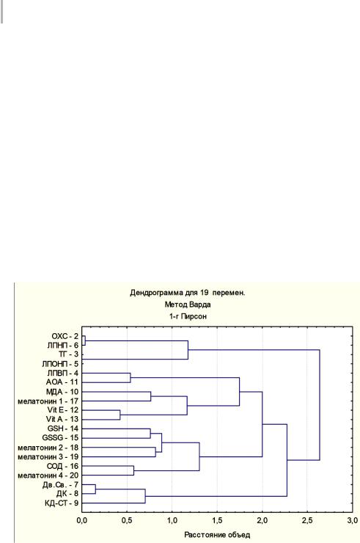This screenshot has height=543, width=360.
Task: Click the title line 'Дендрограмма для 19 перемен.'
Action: [x=187, y=293]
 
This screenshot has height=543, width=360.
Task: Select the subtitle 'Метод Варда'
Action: [x=188, y=305]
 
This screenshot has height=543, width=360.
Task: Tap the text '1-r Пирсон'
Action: [x=188, y=316]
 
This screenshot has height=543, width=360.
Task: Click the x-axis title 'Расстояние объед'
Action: [x=217, y=535]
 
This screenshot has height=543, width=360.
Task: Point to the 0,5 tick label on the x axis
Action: [x=127, y=521]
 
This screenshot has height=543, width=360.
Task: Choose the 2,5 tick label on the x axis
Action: [x=307, y=521]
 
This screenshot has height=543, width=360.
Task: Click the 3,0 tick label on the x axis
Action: [x=353, y=521]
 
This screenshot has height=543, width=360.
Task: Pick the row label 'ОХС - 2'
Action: [x=65, y=336]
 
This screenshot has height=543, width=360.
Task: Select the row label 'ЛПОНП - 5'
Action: [x=60, y=364]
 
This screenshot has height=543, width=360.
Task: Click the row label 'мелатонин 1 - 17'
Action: [x=48, y=401]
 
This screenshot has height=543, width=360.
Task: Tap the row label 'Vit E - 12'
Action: [x=62, y=410]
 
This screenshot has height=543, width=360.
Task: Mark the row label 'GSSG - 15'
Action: [x=60, y=438]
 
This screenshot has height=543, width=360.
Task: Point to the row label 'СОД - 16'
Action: [x=62, y=466]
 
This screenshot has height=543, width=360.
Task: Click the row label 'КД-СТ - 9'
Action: [x=62, y=503]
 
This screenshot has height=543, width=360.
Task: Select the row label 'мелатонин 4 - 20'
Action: [x=48, y=475]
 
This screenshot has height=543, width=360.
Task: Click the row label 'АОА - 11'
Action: [x=62, y=382]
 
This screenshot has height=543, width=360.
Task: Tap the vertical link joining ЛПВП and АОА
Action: [x=131, y=378]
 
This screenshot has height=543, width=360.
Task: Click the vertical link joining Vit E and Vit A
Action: [x=120, y=415]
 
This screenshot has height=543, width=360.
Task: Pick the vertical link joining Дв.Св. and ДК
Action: [x=95, y=489]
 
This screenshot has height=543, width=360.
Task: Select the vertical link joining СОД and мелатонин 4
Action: [x=133, y=470]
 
